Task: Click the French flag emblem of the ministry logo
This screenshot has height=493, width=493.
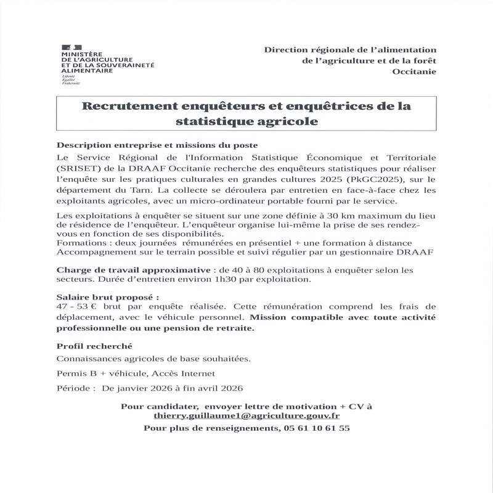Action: pos(71,47)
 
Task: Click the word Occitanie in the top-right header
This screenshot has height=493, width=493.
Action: pos(414,72)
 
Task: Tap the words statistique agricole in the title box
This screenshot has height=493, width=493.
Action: pos(246,122)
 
